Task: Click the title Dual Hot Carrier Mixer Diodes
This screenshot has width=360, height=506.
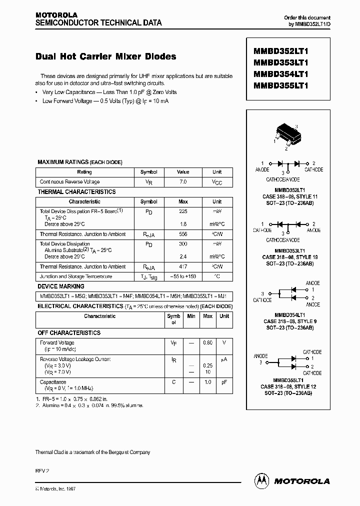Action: coord(105,57)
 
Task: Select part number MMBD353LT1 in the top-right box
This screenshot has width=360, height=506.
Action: coord(280,63)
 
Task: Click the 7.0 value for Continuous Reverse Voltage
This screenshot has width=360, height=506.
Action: coord(183,182)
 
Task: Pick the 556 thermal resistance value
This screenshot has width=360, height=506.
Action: coord(183,234)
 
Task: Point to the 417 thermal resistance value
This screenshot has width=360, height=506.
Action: coord(183,267)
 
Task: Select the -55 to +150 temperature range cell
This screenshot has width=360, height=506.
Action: coord(183,276)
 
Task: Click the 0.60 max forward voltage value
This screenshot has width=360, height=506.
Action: coord(207,342)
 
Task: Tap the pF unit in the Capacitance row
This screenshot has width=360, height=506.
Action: coord(224,382)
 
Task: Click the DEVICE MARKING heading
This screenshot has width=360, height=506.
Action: coord(61,286)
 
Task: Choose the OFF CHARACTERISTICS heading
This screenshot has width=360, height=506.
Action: coord(69,332)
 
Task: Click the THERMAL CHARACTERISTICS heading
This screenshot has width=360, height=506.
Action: coord(76,191)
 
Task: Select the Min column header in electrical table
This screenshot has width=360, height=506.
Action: coord(191,316)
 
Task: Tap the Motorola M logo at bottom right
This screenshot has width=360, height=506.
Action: coord(261,480)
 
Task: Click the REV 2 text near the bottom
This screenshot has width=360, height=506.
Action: coord(42,470)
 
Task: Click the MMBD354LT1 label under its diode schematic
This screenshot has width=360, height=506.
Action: coord(290,315)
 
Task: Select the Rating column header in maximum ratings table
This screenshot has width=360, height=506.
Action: coord(84,172)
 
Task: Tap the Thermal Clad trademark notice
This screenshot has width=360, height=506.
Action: coord(92,452)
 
